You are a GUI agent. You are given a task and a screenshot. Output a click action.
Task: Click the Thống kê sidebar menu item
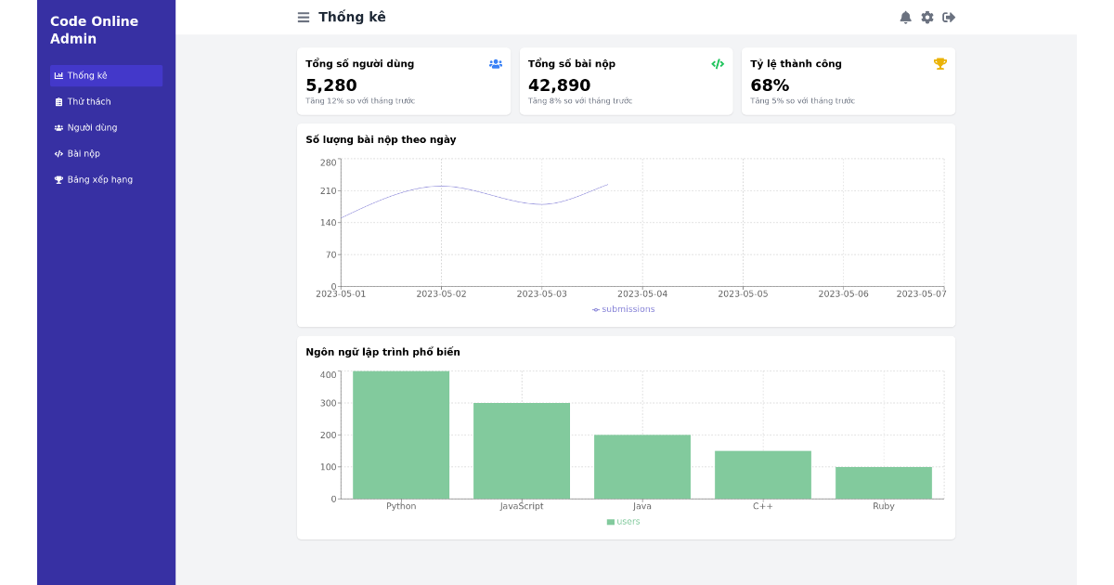(106, 76)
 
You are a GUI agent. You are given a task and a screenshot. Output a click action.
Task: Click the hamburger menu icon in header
(304, 17)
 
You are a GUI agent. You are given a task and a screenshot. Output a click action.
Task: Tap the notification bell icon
(905, 17)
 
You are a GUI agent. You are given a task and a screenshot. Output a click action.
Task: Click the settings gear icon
(926, 17)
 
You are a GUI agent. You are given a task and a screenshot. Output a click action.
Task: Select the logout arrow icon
(949, 17)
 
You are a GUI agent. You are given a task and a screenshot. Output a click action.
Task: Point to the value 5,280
(331, 85)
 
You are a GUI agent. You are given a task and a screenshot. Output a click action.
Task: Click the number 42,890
(559, 85)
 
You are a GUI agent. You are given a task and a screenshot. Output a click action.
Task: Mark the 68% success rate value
(770, 85)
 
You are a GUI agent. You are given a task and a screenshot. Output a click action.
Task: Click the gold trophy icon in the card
(939, 64)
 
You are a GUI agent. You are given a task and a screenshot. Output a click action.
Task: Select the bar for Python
(401, 435)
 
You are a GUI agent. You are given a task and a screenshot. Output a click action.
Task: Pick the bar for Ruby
(883, 483)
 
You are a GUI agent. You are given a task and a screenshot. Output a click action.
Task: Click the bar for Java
(641, 466)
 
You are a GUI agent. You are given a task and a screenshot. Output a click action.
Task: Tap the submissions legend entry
(624, 309)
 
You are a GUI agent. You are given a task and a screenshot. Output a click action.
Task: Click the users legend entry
(624, 522)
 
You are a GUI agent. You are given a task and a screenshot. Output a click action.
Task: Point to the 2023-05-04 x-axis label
(642, 294)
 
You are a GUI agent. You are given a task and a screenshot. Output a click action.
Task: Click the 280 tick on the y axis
(329, 162)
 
